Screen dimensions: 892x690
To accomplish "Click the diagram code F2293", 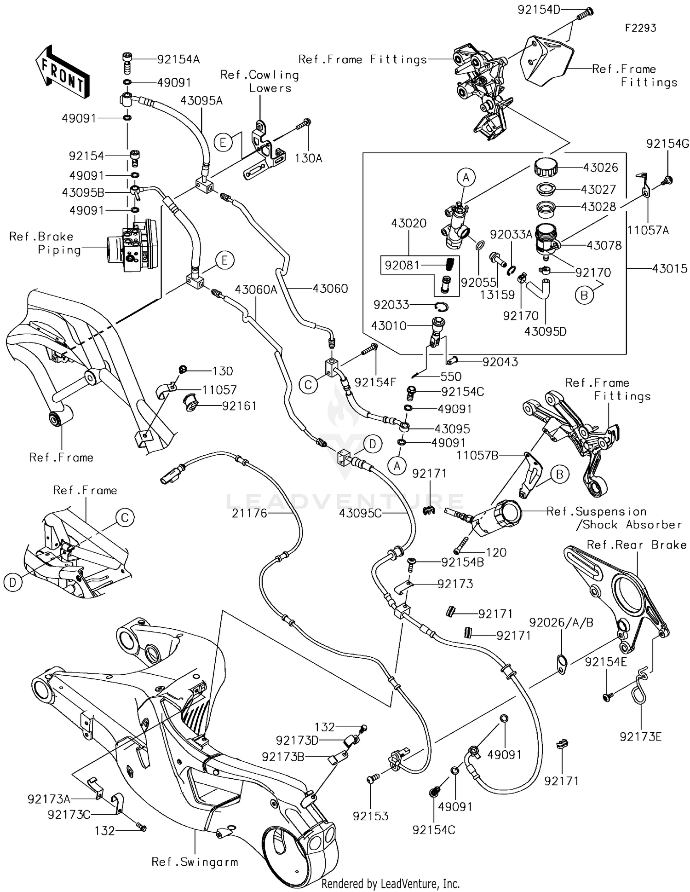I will (640, 28).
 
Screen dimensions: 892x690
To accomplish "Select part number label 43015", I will (670, 268).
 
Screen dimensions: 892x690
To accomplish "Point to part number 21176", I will (249, 513).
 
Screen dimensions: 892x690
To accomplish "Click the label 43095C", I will (361, 513).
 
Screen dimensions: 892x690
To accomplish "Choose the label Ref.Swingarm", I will (195, 862).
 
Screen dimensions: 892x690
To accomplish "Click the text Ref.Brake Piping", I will (45, 243).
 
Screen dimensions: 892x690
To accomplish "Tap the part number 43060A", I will (256, 289).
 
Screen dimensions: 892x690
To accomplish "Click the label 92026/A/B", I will (561, 622).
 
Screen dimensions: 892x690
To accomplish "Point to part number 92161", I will (239, 406).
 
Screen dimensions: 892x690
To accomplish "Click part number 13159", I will (497, 295).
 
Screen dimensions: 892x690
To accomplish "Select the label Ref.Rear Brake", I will (637, 544).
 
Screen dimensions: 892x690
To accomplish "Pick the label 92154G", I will (667, 144).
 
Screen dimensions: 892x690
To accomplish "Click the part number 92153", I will (371, 816).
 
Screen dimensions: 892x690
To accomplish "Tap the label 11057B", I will (477, 455).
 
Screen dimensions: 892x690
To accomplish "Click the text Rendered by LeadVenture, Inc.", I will (391, 883).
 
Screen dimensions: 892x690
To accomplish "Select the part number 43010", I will (389, 326).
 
